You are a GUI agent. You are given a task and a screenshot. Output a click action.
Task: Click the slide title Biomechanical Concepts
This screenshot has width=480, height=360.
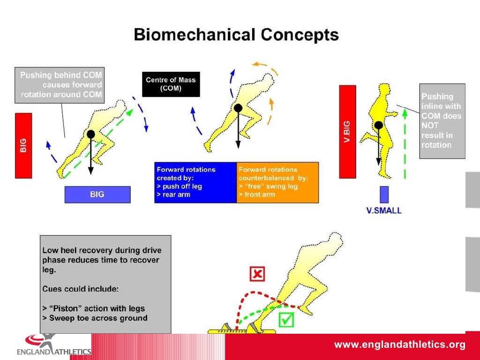[236, 35]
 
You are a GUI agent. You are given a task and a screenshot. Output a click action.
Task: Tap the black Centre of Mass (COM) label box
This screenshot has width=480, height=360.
[171, 84]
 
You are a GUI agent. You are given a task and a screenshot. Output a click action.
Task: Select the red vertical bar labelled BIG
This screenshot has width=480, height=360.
[23, 145]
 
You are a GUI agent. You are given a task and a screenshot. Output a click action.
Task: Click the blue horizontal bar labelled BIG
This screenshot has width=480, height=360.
[97, 195]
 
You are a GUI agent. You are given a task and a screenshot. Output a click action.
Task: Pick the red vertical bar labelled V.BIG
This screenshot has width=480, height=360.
[347, 132]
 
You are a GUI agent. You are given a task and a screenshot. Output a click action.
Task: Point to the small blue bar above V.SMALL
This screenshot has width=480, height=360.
[384, 195]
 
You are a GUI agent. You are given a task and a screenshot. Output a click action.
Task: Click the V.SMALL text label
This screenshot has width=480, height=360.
[383, 211]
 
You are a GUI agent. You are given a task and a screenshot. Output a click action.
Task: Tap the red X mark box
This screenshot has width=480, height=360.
[256, 274]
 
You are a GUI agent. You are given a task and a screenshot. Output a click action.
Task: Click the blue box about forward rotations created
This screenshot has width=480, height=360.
[195, 182]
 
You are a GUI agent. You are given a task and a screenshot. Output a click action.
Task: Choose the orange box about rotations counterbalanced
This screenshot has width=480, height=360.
[277, 182]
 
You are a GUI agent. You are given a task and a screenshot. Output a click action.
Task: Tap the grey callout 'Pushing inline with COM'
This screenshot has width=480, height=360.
[442, 121]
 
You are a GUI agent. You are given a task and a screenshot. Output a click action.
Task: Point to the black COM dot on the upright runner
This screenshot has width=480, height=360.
[378, 125]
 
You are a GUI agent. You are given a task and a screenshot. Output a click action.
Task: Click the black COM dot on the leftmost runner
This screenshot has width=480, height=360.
[90, 134]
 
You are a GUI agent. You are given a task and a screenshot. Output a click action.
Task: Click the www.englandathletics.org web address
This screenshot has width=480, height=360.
[399, 345]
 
